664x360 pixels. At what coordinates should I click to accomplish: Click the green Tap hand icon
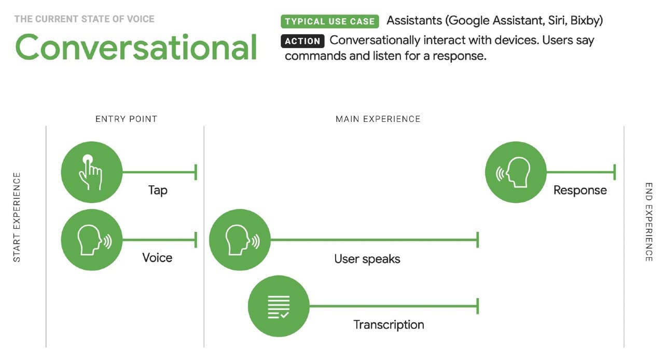92,172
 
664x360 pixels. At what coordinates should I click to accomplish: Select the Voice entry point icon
92,240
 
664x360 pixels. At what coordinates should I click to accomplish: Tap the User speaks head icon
240,240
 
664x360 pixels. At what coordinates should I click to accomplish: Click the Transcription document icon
279,306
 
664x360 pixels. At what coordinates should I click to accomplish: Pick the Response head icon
516,172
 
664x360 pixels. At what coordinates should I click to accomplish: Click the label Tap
158,190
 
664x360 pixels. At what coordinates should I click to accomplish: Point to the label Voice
157,258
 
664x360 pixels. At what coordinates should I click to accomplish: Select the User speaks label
367,259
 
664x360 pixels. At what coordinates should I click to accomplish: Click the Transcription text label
389,325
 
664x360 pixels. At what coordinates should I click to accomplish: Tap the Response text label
580,190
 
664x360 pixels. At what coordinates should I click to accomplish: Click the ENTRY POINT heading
126,119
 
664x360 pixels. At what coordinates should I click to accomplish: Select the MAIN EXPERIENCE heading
378,119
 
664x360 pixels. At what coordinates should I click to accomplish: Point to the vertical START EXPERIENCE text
17,217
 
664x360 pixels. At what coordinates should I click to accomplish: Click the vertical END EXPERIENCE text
648,221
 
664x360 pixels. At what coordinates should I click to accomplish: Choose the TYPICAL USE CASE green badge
330,21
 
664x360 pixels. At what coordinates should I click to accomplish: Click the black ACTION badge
303,41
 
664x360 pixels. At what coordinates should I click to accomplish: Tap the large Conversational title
136,47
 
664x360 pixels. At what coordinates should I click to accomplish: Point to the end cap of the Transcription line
477,306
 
